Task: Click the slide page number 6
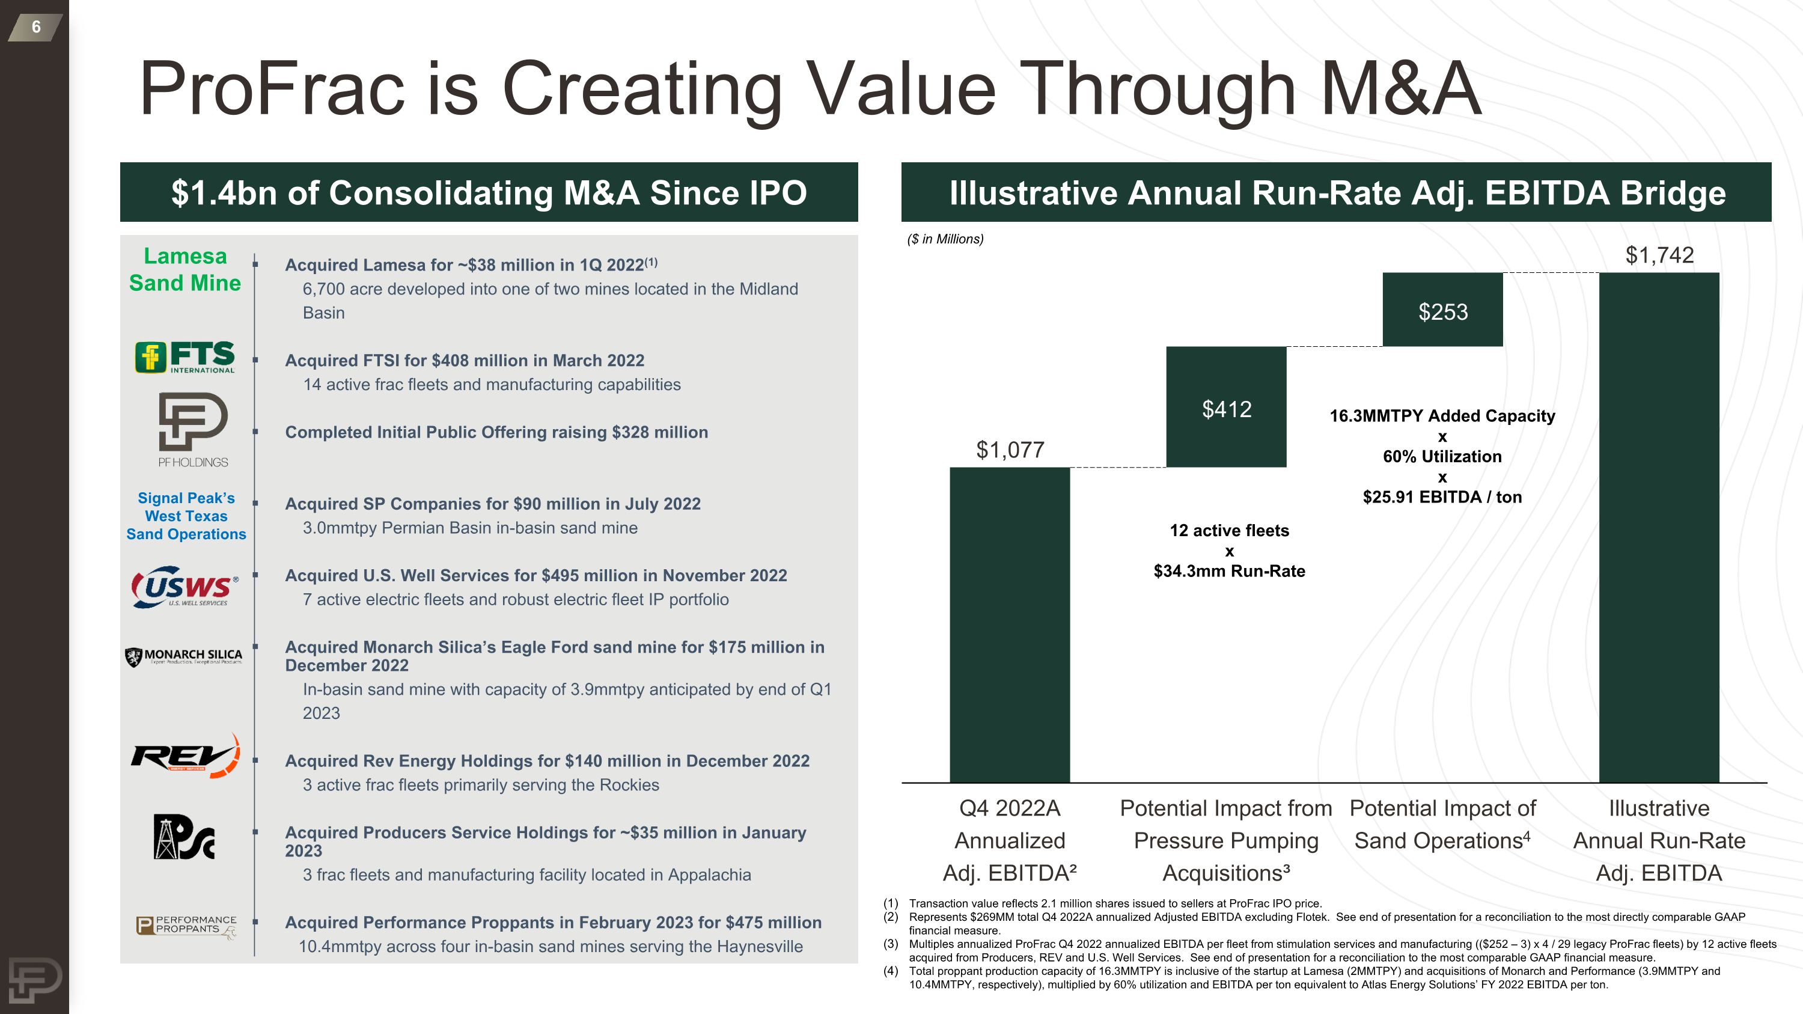click(x=35, y=27)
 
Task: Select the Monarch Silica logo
click(x=184, y=656)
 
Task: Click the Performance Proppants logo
click(x=186, y=926)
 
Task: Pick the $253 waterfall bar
click(x=1442, y=310)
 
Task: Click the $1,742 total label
click(x=1659, y=255)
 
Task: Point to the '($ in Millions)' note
click(x=945, y=239)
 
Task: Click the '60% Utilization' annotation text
click(x=1442, y=456)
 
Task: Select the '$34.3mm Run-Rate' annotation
click(x=1229, y=571)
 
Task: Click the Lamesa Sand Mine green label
click(x=185, y=269)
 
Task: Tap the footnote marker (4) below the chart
click(x=890, y=971)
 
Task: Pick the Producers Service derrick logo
click(x=184, y=837)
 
